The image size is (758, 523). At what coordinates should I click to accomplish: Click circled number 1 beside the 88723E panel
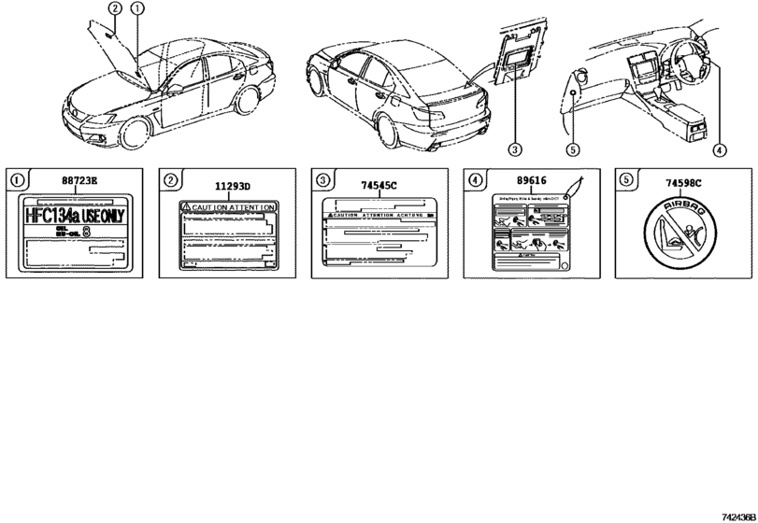click(15, 177)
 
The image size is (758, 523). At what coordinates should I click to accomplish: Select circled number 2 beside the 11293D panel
click(168, 177)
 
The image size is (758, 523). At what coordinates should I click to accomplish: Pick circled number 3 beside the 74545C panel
click(321, 177)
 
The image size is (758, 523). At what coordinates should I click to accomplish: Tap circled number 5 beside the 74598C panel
click(625, 177)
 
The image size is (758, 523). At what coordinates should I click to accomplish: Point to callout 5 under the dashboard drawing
click(574, 148)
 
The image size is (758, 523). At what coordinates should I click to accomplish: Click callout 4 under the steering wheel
click(719, 148)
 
